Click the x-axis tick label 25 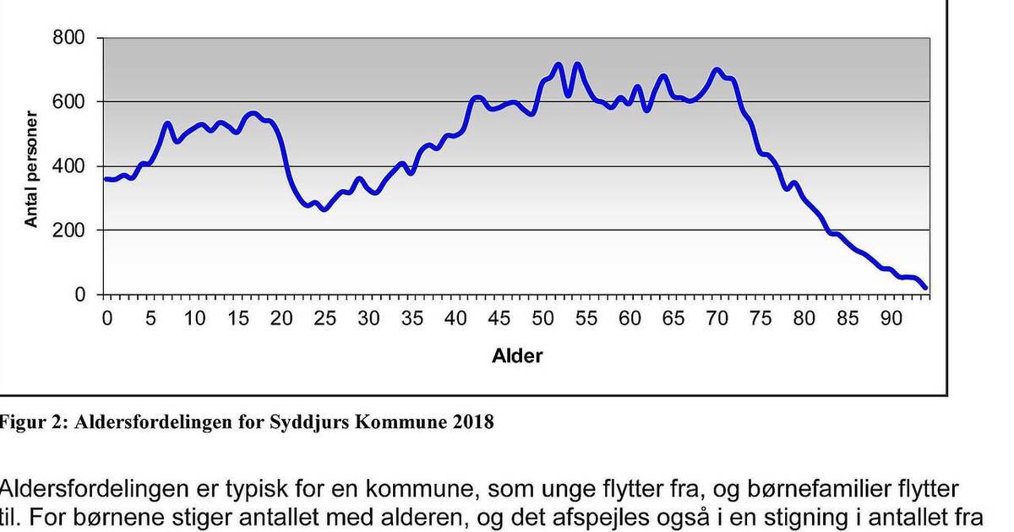325,319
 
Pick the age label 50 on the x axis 543,319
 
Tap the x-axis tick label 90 892,319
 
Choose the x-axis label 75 761,319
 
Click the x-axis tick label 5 150,319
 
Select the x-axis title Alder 517,356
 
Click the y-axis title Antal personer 31,169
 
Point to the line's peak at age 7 167,124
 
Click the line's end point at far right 925,288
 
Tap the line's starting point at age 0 106,179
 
